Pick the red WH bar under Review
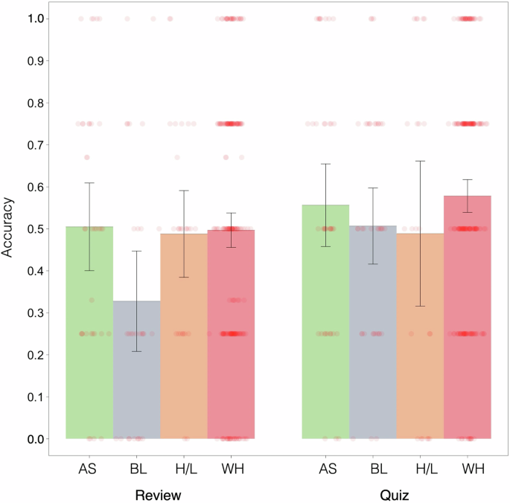click(x=231, y=334)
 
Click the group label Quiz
click(x=396, y=495)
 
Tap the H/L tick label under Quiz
click(x=420, y=469)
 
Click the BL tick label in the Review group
click(x=136, y=469)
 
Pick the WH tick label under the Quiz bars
click(x=467, y=469)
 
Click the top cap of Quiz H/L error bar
click(x=420, y=161)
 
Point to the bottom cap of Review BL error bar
click(x=136, y=351)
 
